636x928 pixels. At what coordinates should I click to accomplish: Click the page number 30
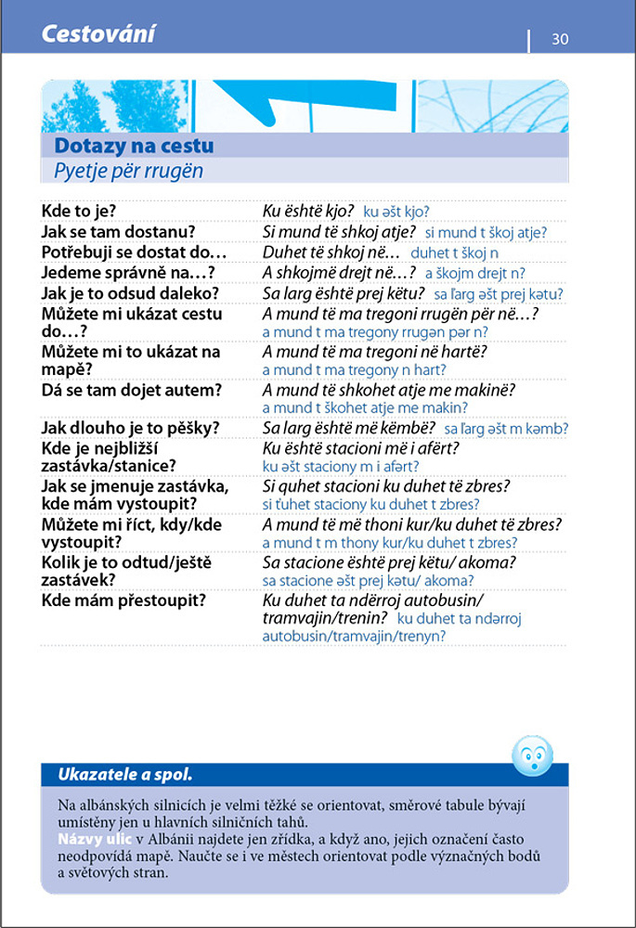coord(560,39)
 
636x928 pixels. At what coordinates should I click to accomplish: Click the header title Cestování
coord(97,35)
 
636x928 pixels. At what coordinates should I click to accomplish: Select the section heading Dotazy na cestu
coord(134,146)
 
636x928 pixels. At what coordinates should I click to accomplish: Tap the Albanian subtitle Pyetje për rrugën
coord(128,171)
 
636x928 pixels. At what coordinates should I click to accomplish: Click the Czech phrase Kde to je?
coord(79,211)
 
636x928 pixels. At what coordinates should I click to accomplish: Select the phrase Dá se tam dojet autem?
coord(132,390)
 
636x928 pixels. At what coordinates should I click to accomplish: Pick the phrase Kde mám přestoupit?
coord(123,599)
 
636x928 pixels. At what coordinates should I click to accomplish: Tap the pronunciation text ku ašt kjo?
coord(396,212)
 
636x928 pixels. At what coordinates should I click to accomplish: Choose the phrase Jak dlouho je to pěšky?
coord(130,428)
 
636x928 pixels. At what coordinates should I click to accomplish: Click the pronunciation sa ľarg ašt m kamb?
coord(506,429)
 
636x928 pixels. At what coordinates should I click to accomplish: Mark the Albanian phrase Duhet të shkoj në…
coord(331,251)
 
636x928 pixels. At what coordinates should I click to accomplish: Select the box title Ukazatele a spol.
coord(124,774)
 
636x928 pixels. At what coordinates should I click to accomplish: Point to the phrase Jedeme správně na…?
coord(128,272)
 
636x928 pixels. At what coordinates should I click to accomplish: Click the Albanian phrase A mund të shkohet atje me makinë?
coord(389,390)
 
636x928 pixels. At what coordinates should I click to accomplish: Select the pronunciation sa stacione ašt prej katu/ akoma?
coord(362,580)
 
